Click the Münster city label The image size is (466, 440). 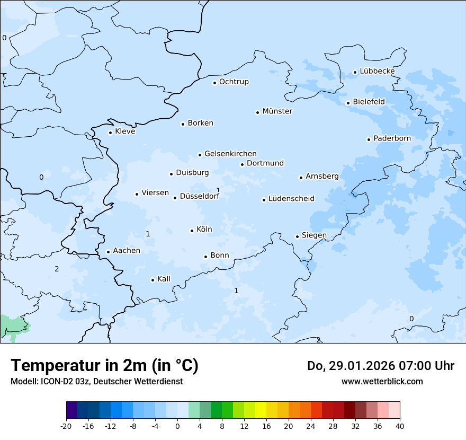click(277, 111)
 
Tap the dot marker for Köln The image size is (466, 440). click(192, 231)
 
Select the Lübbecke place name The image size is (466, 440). click(377, 71)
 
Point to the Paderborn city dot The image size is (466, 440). click(369, 139)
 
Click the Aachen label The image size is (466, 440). click(127, 251)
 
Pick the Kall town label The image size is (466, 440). click(164, 279)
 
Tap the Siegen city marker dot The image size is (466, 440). click(297, 236)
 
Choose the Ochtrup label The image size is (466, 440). click(234, 82)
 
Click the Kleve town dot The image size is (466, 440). click(110, 133)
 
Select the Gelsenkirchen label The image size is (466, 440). click(230, 154)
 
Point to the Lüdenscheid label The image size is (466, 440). click(291, 199)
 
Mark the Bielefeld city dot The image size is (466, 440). click(348, 103)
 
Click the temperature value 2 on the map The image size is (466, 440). click(57, 269)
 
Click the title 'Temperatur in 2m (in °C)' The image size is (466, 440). click(104, 366)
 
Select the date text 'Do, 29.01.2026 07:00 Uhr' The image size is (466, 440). click(380, 366)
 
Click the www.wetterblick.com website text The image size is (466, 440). click(382, 382)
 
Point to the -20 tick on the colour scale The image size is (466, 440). click(66, 426)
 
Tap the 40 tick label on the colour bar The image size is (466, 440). click(400, 426)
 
